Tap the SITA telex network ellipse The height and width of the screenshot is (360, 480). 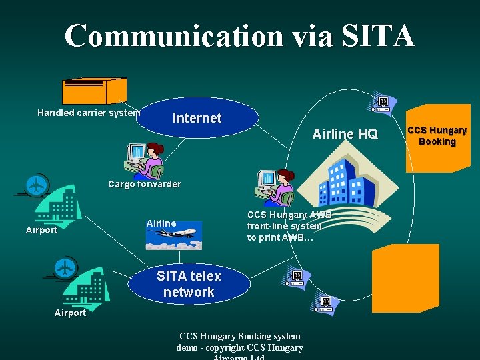(x=189, y=284)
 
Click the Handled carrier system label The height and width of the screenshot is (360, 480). (x=88, y=113)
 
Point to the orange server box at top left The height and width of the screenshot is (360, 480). (x=94, y=90)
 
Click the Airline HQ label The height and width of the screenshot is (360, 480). (x=345, y=134)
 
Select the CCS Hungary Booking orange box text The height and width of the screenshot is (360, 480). (x=437, y=136)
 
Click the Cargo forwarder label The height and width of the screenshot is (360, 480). (x=145, y=184)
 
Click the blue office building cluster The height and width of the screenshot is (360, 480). (x=349, y=183)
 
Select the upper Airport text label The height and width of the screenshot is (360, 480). (x=41, y=231)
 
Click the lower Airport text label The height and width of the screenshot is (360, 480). (x=70, y=313)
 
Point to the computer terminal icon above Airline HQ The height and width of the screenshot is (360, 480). (x=383, y=103)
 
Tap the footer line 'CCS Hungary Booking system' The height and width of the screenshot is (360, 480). (x=239, y=336)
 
